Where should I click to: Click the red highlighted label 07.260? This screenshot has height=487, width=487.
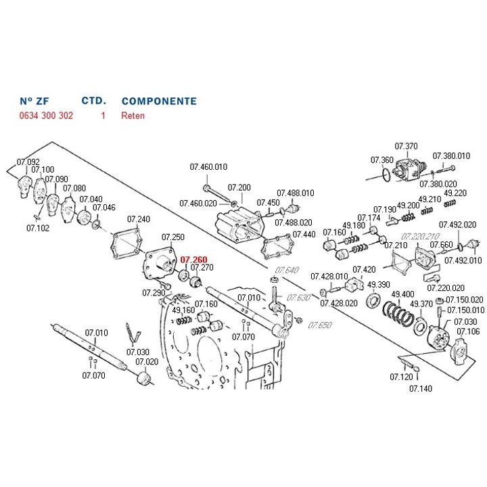[x=193, y=259]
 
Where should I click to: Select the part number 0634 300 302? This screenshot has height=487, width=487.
[x=45, y=116]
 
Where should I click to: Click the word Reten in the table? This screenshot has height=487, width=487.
[x=133, y=116]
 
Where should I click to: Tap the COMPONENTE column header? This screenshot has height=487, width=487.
[x=159, y=101]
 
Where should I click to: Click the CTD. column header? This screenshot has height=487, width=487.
[x=93, y=101]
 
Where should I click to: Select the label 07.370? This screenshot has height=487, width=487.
[x=407, y=146]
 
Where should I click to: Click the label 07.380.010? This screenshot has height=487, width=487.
[x=451, y=156]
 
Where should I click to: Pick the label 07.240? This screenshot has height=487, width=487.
[x=139, y=219]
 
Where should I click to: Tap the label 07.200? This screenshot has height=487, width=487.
[x=239, y=187]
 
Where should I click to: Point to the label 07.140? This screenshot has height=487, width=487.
[x=421, y=388]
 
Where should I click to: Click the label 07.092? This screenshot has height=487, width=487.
[x=28, y=162]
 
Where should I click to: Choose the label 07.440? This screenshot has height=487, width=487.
[x=304, y=234]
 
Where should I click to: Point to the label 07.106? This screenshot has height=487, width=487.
[x=468, y=331]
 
